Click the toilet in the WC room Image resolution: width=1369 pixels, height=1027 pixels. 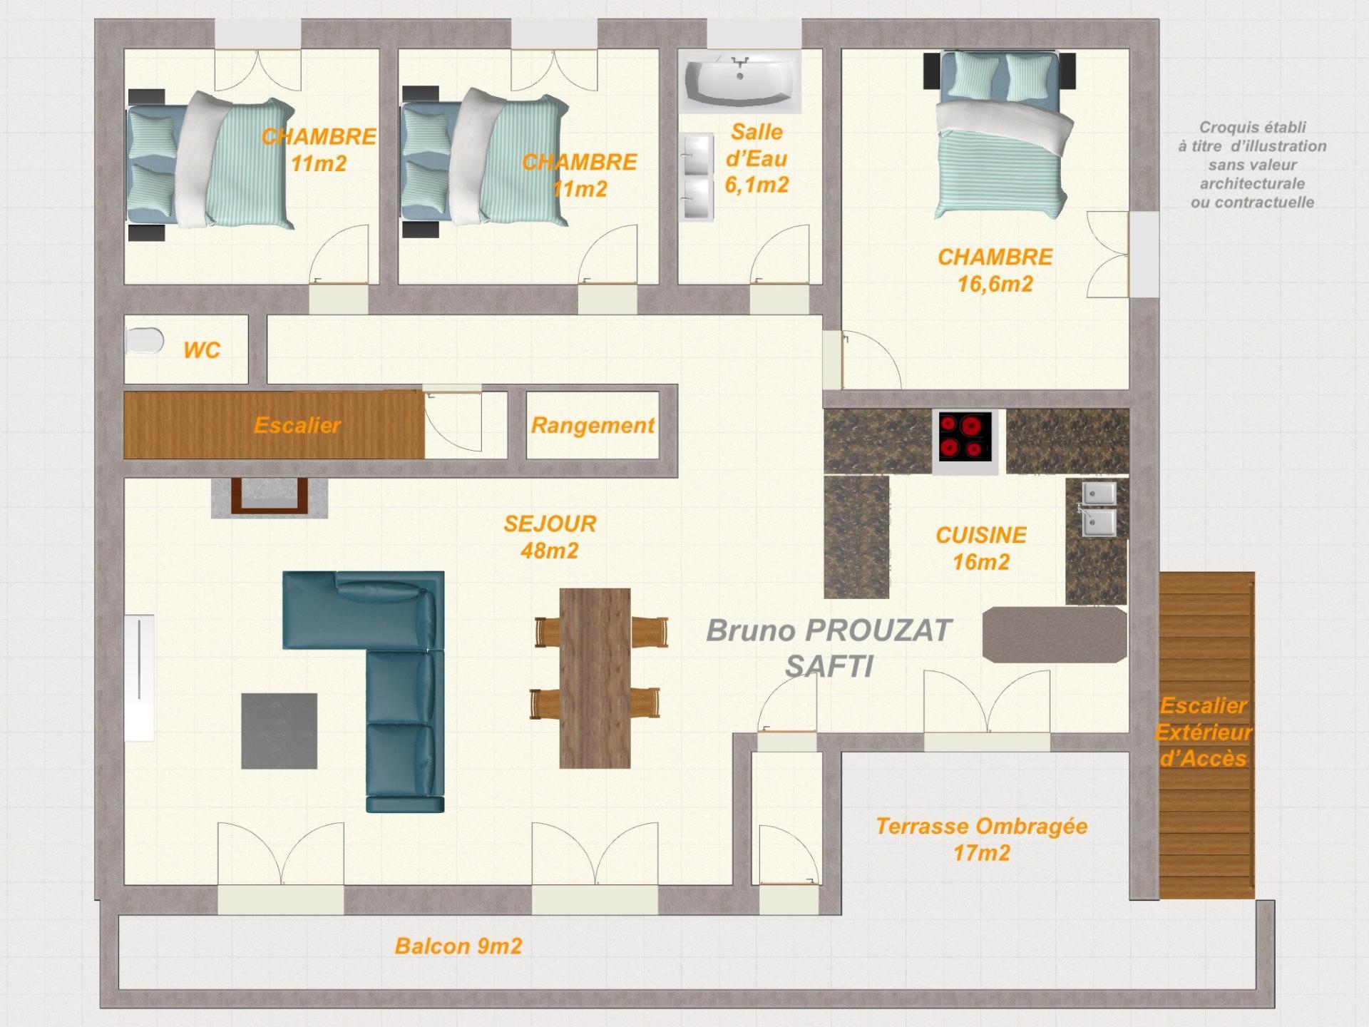(144, 341)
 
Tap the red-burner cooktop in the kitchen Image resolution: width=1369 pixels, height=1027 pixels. (965, 436)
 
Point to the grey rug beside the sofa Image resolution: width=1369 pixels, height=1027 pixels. (279, 731)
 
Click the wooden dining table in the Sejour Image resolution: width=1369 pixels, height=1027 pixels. (595, 678)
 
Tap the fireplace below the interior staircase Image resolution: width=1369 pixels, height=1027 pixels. (270, 496)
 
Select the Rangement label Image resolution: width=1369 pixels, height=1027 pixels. (593, 426)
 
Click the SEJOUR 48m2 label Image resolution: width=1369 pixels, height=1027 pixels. (550, 537)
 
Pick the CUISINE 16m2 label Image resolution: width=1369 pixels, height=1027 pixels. (981, 548)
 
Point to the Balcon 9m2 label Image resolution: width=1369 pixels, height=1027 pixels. (458, 946)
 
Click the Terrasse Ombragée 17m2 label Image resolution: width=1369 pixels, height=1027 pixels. (982, 839)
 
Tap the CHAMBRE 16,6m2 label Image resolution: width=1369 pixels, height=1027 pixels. (995, 270)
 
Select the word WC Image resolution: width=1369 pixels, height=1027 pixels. (202, 350)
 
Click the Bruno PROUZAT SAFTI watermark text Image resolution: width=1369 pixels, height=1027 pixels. (829, 648)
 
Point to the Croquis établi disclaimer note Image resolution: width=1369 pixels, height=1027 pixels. (1252, 165)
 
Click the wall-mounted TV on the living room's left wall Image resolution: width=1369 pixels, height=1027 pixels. (140, 678)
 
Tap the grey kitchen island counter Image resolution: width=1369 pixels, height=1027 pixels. (1055, 635)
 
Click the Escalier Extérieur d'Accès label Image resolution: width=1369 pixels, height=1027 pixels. (1204, 732)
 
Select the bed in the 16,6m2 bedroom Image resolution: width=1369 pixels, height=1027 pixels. (1000, 136)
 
